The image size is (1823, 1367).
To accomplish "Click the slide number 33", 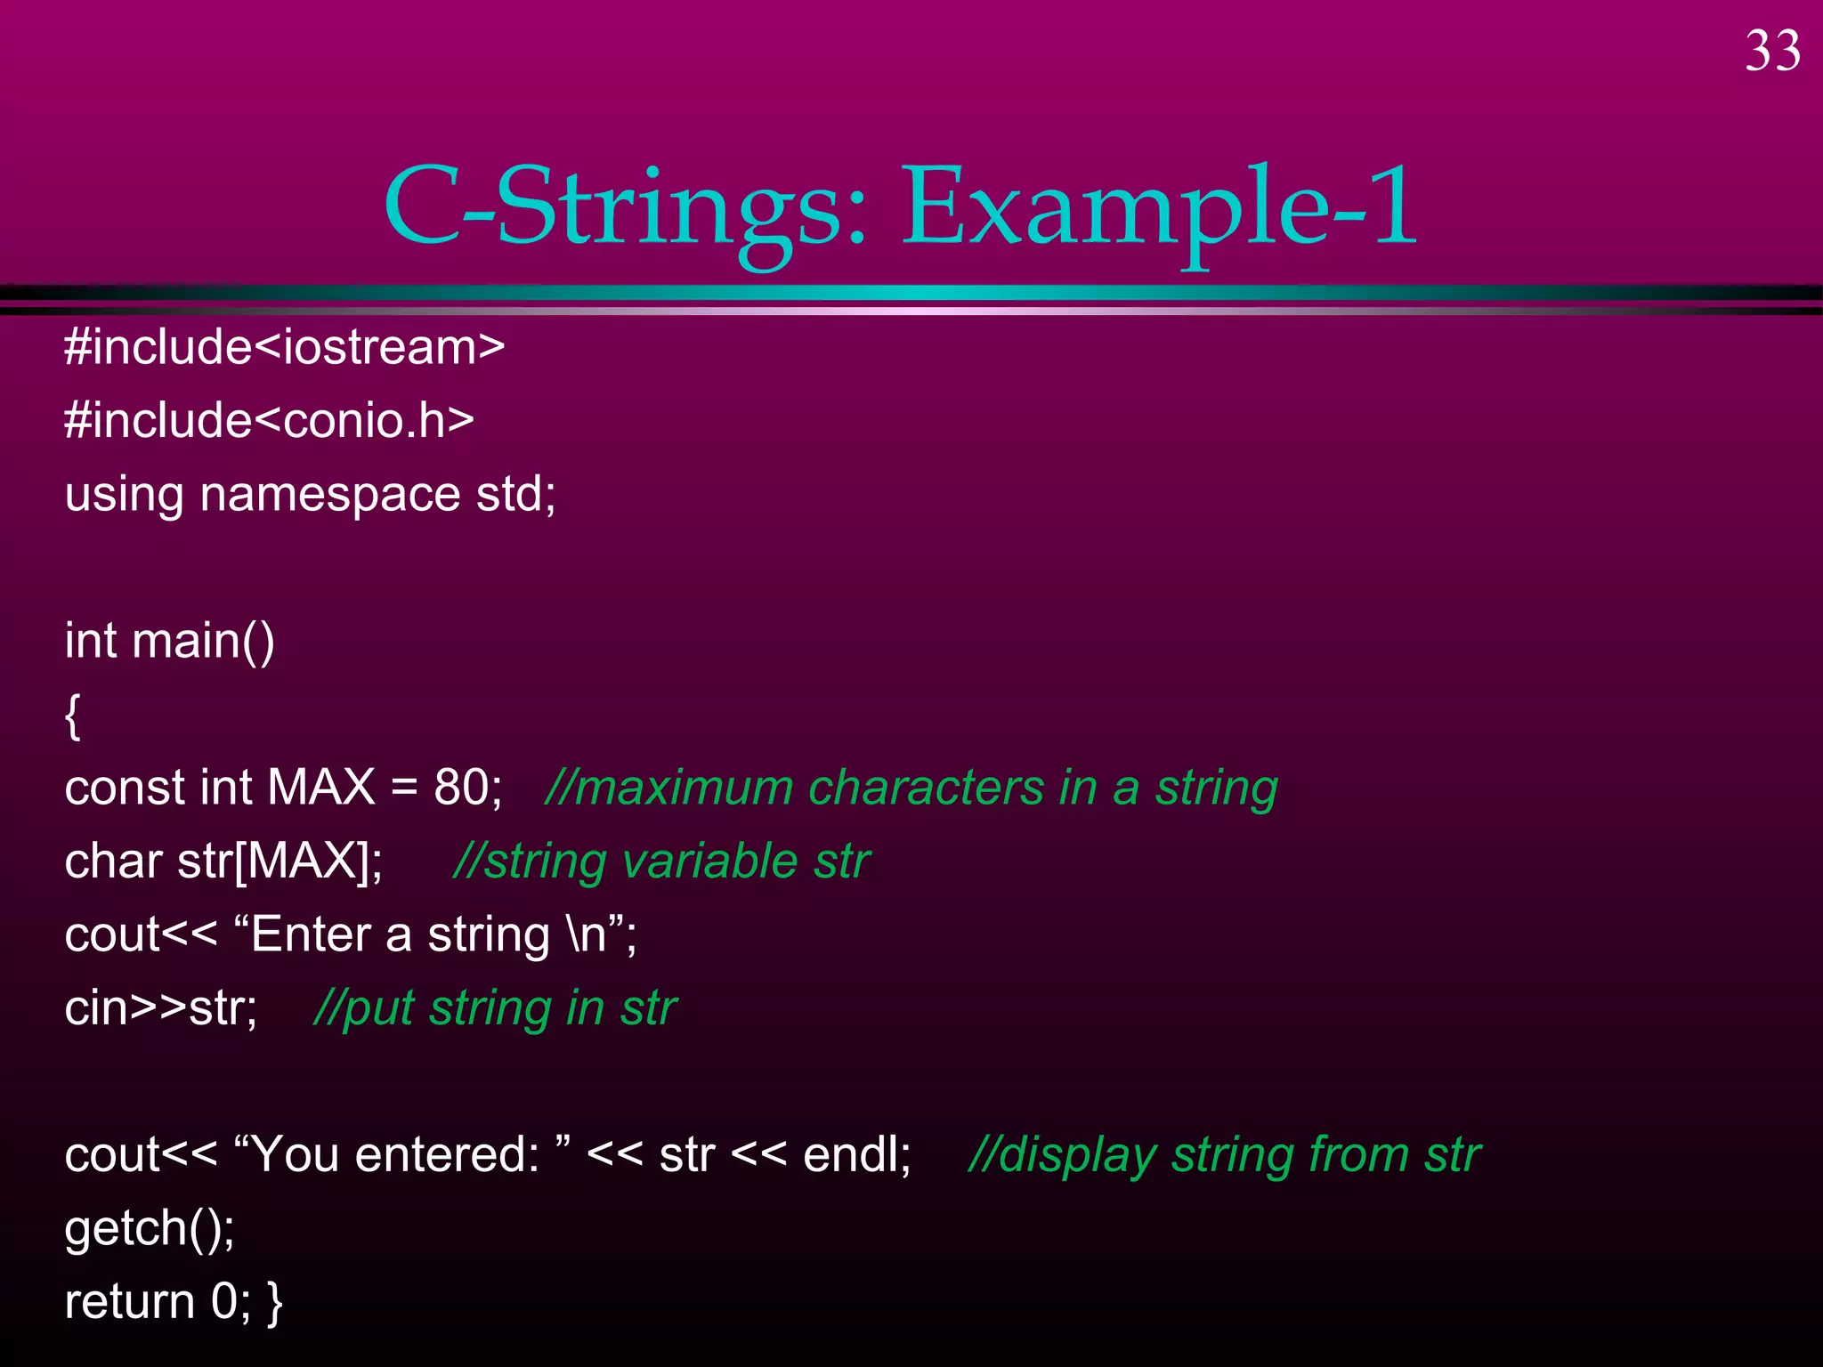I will coord(1772,52).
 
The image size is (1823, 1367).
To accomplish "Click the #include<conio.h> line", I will coord(269,420).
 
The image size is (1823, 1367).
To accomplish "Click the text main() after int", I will coord(203,641).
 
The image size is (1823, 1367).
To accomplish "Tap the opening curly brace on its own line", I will coord(73,716).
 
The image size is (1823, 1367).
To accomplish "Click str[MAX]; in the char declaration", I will coord(280,861).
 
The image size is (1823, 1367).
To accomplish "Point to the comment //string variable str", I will coord(661,861).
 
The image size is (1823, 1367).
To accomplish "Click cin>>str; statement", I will coord(161,1009).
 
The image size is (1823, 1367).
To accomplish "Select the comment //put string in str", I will coord(495,1009).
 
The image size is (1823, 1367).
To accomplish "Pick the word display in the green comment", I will coord(1077,1155).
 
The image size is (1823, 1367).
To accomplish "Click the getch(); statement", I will coord(150,1229).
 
